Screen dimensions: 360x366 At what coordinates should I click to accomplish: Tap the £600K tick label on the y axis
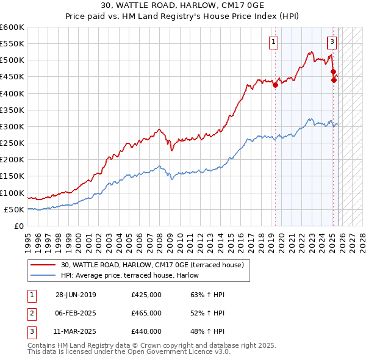coord(12,27)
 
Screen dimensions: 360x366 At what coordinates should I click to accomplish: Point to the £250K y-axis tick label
coord(12,143)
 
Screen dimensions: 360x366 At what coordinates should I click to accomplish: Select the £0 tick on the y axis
coord(20,226)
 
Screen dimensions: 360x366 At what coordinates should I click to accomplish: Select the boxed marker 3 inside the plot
coord(331,42)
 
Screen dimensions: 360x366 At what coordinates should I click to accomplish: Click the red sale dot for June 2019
coord(275,85)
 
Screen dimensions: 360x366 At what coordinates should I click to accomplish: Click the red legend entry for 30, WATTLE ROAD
coord(152,265)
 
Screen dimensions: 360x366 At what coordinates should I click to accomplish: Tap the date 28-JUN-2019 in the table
coord(76,295)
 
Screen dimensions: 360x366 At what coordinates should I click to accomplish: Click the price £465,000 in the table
coord(146,313)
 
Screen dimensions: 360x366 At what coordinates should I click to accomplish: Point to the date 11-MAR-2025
coord(76,331)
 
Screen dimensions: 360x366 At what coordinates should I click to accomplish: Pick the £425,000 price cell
coord(146,295)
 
